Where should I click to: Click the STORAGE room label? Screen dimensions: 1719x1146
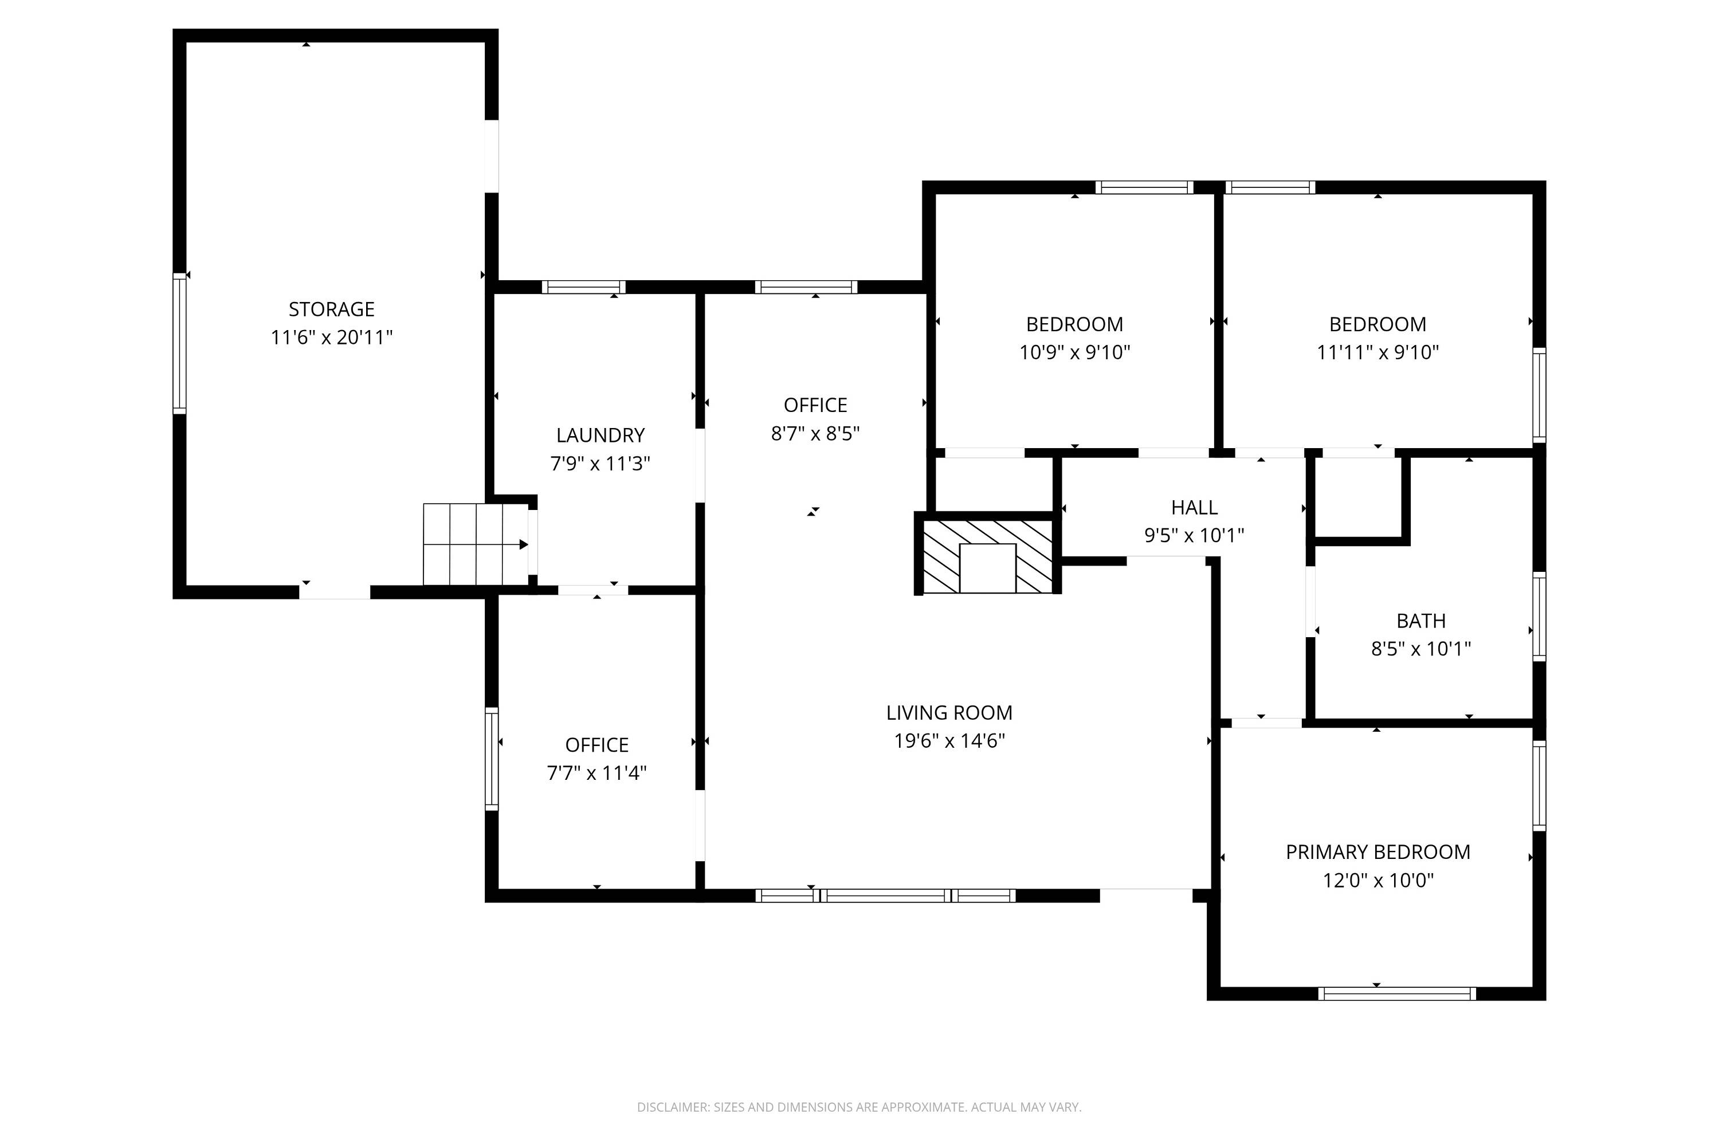(x=331, y=309)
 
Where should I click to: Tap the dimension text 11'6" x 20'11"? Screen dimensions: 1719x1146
(x=332, y=337)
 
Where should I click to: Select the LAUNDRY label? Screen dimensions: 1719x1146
(x=600, y=435)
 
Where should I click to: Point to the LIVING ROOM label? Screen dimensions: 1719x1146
(x=949, y=713)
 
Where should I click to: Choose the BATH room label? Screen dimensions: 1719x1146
(x=1421, y=621)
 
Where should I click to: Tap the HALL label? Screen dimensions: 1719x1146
(x=1194, y=507)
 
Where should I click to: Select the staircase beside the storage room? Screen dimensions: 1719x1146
(x=476, y=544)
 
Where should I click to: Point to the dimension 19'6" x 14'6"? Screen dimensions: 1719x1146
(x=949, y=741)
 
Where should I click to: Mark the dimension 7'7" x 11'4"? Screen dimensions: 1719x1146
(x=596, y=773)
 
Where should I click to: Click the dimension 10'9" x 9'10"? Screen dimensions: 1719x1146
(x=1074, y=352)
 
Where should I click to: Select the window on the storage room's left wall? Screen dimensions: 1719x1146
(x=179, y=343)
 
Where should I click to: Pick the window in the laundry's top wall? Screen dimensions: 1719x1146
(x=583, y=287)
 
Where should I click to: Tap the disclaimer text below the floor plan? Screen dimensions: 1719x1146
(x=859, y=1107)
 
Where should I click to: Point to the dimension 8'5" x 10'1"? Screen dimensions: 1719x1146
(x=1421, y=649)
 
